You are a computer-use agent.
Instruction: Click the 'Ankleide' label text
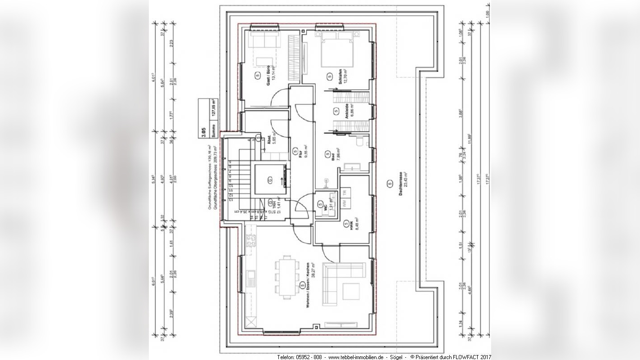click(347, 112)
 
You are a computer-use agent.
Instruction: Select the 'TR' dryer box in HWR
click(345, 193)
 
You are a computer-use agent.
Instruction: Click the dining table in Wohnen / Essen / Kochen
click(286, 276)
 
